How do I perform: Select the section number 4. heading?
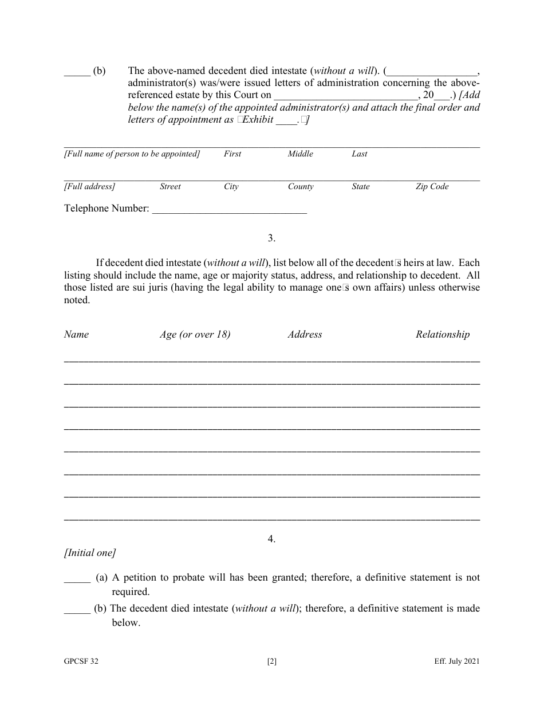point(271,539)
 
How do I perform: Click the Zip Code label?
point(432,187)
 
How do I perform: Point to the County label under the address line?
point(301,187)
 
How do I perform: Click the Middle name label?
point(300,154)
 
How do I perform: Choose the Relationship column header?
point(442,335)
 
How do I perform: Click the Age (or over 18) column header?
point(195,335)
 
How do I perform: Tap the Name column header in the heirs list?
point(76,335)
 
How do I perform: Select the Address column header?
point(305,335)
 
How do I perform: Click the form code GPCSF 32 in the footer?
point(81,661)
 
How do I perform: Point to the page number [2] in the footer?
point(272,661)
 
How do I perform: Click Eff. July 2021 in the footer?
point(456,661)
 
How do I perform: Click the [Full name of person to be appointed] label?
point(132,154)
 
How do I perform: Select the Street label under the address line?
point(170,187)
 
